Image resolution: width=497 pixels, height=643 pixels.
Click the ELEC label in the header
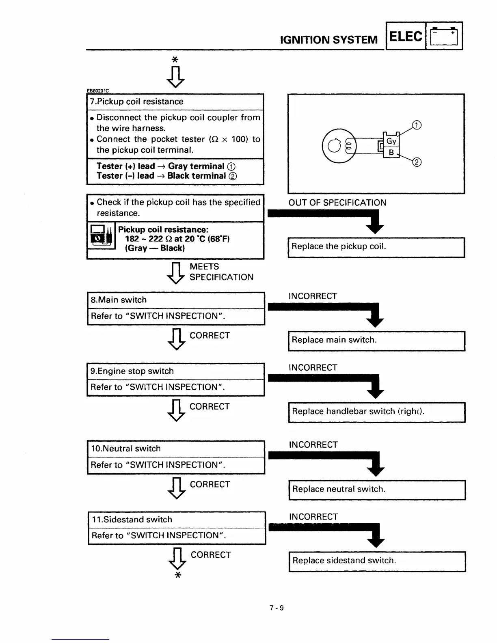406,36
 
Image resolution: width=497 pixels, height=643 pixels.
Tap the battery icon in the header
444,36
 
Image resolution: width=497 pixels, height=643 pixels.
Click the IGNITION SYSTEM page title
329,40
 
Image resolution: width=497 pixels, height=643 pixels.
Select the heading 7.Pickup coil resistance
137,101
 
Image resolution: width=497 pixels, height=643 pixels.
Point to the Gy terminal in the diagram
391,141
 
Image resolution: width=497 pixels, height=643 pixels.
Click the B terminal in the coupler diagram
391,153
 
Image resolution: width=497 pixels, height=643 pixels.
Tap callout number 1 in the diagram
417,125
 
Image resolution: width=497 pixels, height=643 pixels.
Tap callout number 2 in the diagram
417,163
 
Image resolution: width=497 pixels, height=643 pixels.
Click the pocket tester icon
101,235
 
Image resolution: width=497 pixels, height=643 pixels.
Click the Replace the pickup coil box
376,247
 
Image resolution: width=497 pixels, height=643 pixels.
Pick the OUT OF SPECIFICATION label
337,203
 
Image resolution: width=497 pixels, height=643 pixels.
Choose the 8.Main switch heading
119,300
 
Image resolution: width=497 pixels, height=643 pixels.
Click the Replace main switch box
376,340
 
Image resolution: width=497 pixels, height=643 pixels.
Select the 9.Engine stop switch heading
132,371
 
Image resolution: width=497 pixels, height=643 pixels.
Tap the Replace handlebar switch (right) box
376,412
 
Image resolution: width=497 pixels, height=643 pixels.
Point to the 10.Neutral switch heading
126,449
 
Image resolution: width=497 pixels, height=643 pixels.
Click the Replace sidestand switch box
377,561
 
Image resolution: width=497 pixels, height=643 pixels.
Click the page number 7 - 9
277,608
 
